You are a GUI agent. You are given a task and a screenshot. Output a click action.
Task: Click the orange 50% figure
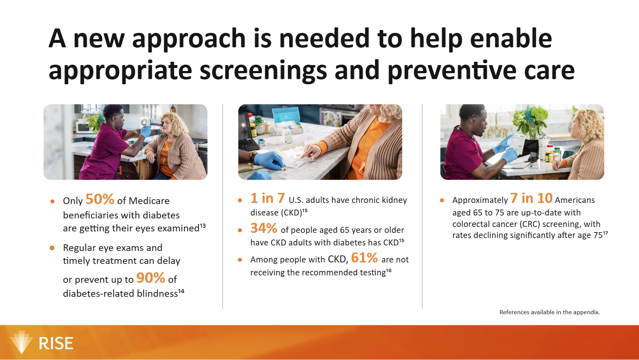100,199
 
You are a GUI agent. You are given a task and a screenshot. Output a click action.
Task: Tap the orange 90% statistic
151,278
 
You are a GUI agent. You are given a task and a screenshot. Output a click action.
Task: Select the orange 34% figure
264,228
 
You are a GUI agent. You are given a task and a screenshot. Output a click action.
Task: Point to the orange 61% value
364,258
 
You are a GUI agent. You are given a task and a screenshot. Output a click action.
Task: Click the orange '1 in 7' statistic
268,198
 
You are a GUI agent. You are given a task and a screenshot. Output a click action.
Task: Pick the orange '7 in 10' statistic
531,198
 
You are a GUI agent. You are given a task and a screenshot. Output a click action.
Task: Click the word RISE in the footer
56,344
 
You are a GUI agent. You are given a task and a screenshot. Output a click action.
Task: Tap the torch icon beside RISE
21,342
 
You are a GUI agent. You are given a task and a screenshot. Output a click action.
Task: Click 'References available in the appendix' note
550,312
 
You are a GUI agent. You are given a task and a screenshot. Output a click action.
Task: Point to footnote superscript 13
203,225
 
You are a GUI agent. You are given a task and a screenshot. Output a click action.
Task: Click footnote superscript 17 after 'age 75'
605,233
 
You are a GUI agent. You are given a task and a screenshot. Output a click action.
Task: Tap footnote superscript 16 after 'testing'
389,271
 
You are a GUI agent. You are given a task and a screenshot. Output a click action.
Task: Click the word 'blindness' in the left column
158,293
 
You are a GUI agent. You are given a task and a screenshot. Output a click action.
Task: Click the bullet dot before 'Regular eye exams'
52,248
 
